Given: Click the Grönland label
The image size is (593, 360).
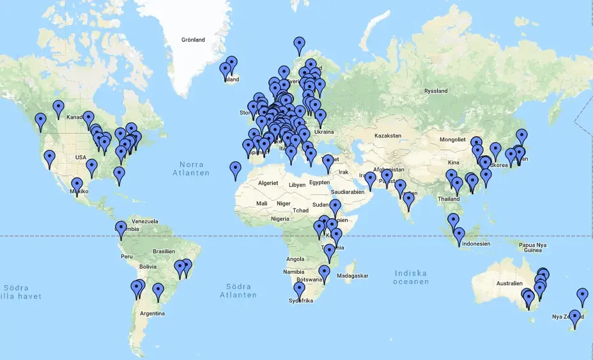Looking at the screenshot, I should click(193, 40).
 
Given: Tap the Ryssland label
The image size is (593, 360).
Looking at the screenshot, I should click(436, 91).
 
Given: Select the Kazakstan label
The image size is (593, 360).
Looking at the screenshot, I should click(387, 136).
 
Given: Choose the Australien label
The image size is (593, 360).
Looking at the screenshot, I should click(496, 283).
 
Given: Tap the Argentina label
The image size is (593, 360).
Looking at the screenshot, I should click(152, 313).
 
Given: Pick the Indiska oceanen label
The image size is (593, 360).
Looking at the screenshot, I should click(411, 277).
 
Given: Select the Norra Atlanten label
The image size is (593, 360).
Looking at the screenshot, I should click(194, 168).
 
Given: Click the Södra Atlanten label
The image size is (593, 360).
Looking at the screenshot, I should click(238, 290).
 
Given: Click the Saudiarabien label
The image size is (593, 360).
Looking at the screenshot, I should click(348, 192).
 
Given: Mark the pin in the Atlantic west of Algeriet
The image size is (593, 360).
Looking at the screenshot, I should click(236, 169).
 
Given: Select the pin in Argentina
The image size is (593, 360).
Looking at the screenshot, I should click(158, 292).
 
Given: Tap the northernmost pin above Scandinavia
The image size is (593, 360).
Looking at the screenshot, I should click(300, 45).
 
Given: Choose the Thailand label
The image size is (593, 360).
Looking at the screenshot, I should click(448, 199).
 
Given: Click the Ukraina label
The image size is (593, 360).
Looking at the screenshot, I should click(324, 132).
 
